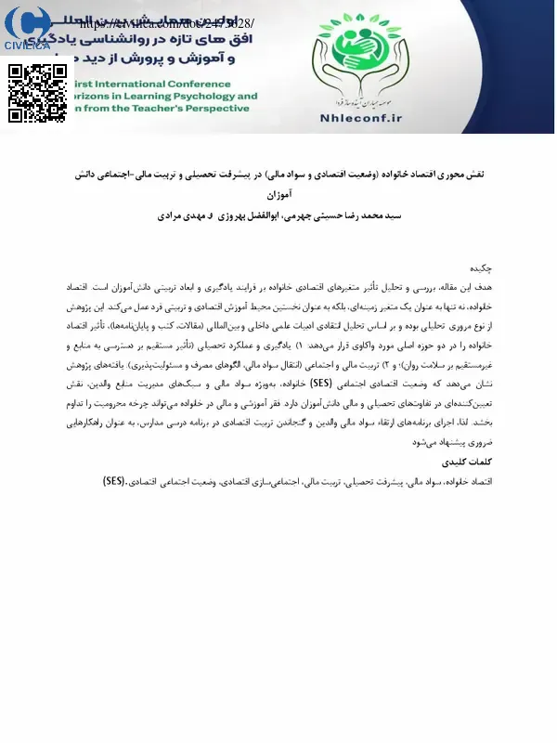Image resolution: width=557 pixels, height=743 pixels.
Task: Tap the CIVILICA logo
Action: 27,28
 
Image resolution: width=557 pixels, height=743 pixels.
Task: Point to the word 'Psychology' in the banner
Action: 201,95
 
